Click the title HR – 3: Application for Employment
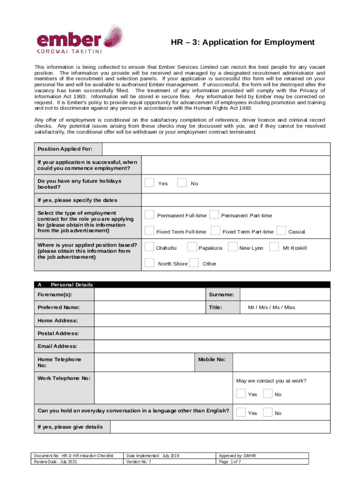point(243,43)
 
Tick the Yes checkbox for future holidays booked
point(149,182)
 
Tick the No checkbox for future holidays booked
point(182,182)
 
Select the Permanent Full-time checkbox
point(149,215)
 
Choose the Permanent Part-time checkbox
point(214,215)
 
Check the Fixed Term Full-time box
point(149,231)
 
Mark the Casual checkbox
point(281,231)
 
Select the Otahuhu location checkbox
point(149,247)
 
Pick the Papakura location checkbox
point(192,247)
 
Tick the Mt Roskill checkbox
point(274,247)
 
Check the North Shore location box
point(149,263)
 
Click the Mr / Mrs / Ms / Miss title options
point(271,307)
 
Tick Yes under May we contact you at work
point(241,394)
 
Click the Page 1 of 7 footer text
point(230,462)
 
